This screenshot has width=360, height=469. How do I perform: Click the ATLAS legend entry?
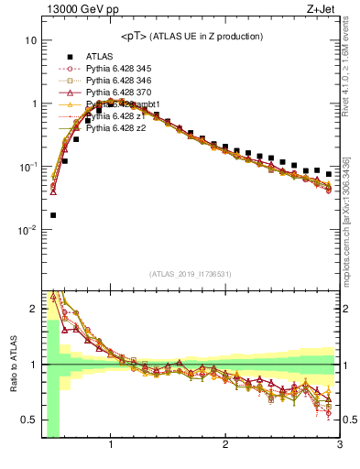(x=100, y=56)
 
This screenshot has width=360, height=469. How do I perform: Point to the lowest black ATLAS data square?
(x=53, y=215)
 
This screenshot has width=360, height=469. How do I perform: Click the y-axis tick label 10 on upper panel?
(x=30, y=41)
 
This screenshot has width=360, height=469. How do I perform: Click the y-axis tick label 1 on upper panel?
(x=33, y=104)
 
